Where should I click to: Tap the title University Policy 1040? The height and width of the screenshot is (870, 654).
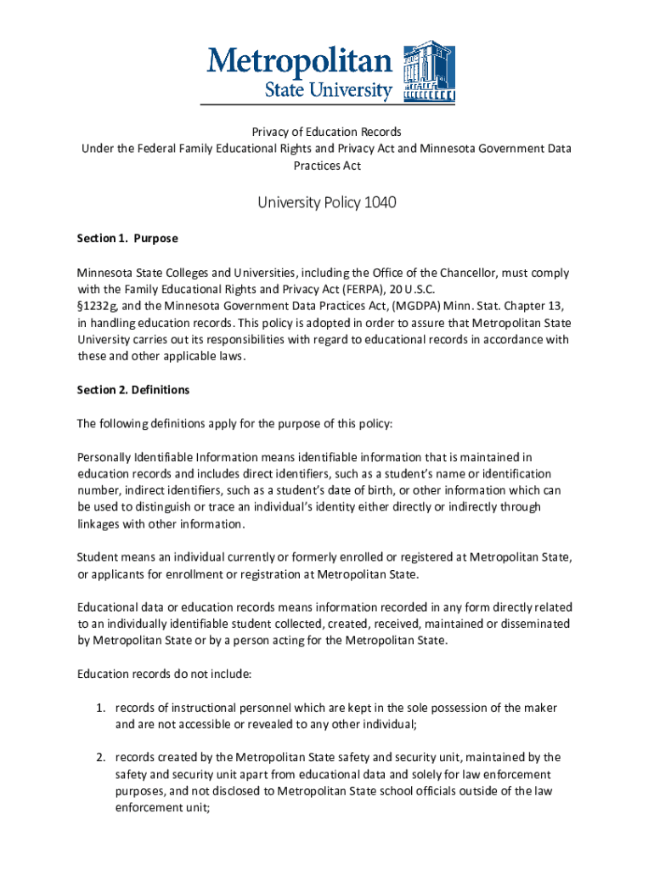327,203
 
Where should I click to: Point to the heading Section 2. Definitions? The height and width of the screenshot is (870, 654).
133,390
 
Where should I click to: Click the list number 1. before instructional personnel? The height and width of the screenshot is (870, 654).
99,708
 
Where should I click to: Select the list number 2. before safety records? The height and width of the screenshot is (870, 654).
99,757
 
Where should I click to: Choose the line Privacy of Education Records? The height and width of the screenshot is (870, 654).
326,133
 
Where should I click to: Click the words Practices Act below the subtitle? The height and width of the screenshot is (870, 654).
327,166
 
